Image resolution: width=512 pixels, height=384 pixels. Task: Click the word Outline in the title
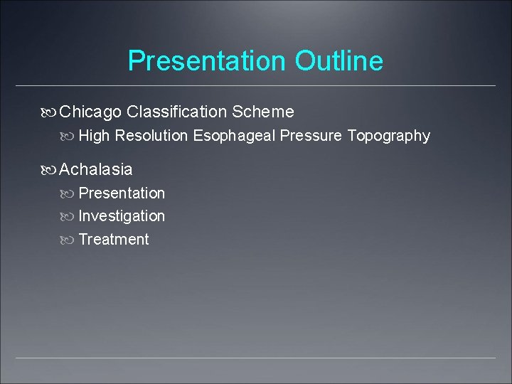click(x=339, y=61)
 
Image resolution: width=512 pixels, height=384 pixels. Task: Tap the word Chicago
click(x=91, y=112)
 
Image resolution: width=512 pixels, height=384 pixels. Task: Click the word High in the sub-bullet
click(x=94, y=136)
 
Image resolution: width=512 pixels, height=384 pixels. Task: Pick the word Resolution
click(x=151, y=136)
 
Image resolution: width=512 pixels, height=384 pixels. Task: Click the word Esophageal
click(x=234, y=136)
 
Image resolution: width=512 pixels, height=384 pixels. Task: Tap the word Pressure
click(x=311, y=136)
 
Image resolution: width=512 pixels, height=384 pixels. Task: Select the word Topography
click(x=389, y=136)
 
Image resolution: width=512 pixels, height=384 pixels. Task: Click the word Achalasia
click(x=96, y=169)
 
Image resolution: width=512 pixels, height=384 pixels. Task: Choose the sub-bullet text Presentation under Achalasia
click(x=122, y=193)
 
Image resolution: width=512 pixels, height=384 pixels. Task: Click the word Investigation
click(x=122, y=216)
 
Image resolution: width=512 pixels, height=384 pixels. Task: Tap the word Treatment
click(x=114, y=240)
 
